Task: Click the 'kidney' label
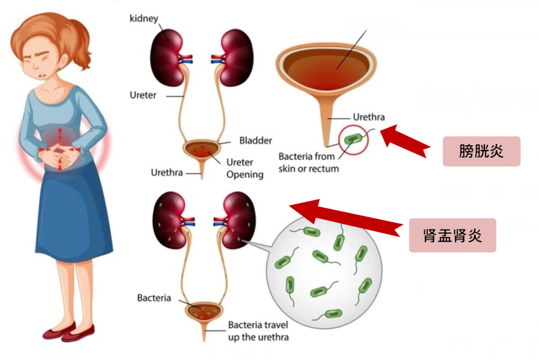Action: [144, 19]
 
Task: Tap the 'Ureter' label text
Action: [143, 95]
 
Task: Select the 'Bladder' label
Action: [256, 140]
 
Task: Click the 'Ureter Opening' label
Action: [245, 169]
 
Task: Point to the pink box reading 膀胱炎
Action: [481, 151]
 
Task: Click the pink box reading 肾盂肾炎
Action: [452, 235]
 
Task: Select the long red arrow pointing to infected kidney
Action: [349, 217]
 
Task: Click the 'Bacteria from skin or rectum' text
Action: [308, 163]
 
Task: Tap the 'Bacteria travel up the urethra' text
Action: [258, 331]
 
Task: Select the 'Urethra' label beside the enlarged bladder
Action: [369, 118]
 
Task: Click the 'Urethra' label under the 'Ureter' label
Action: [167, 173]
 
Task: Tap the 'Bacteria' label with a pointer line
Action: [154, 298]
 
